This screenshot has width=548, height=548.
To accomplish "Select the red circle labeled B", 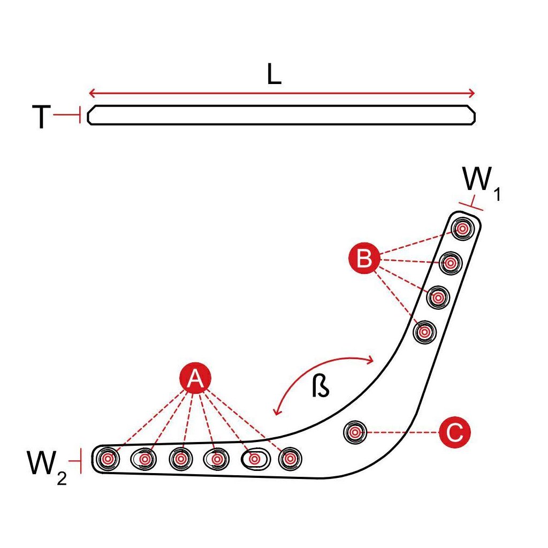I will [x=364, y=260].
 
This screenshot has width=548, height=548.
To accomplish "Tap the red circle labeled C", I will [x=454, y=432].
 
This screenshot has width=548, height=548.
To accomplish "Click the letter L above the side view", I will [x=274, y=76].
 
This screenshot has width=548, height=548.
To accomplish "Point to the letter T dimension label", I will [x=41, y=118].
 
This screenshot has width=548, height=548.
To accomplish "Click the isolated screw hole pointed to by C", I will [x=354, y=431].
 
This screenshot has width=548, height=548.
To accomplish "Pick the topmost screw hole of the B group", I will [x=461, y=229].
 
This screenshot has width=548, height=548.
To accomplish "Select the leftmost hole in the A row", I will [x=109, y=458].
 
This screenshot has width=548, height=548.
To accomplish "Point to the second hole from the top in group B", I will [x=450, y=263].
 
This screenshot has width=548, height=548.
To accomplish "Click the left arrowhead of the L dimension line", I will [x=91, y=94].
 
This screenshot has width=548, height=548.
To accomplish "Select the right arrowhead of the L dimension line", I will [x=471, y=94].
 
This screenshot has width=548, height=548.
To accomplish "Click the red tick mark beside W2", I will [x=80, y=461].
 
